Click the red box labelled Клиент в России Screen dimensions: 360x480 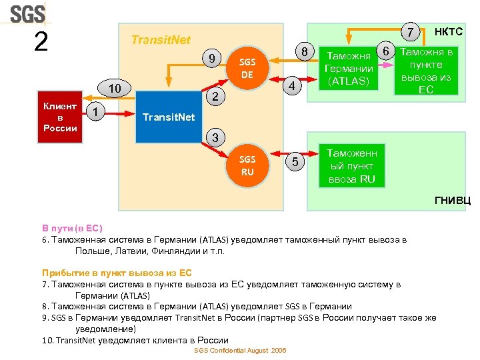(59, 117)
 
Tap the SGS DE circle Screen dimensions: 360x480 (247, 69)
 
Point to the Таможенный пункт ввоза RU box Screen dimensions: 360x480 (351, 166)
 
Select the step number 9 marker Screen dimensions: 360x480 (211, 58)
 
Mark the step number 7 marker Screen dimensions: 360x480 (412, 32)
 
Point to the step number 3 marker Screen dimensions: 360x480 (214, 138)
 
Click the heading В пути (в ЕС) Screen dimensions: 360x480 (72, 228)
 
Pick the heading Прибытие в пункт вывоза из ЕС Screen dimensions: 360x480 (117, 273)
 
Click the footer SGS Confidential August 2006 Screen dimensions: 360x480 (240, 351)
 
